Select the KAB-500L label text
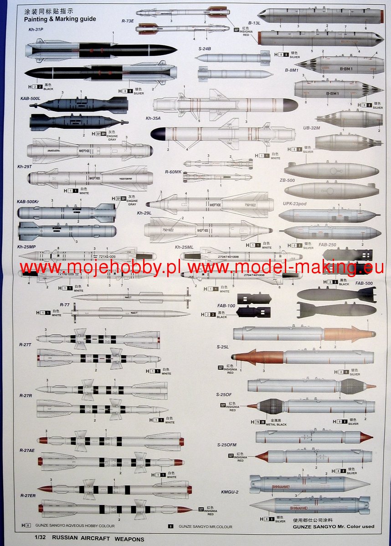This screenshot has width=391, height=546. point(31,98)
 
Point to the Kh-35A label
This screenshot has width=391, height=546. point(154,118)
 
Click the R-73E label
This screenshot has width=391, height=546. point(128,21)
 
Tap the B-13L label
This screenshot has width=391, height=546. point(254,22)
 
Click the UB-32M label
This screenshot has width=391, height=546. point(312,128)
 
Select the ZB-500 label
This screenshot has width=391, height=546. point(287,180)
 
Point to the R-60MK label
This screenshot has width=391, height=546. point(173,172)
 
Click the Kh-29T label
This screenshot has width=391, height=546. point(25,167)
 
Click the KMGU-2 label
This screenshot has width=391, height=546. point(230,492)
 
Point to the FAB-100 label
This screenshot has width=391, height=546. point(226,306)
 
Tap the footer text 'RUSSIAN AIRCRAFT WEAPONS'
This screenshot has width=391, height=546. point(98,539)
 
